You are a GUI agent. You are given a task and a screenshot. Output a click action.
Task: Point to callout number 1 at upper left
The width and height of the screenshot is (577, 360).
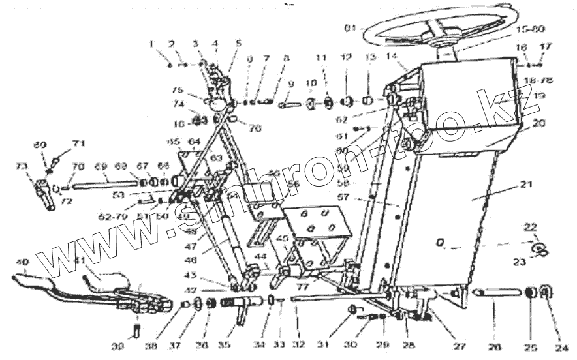click(x=151, y=44)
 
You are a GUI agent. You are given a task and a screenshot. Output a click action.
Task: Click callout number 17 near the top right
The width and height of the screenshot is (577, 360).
click(x=546, y=47)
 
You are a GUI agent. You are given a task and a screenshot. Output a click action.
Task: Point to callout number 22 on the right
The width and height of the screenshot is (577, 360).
click(x=531, y=226)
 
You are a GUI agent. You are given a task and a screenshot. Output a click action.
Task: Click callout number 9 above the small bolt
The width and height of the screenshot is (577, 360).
click(x=291, y=84)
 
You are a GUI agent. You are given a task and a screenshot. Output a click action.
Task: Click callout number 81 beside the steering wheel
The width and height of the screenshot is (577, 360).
click(x=351, y=28)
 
